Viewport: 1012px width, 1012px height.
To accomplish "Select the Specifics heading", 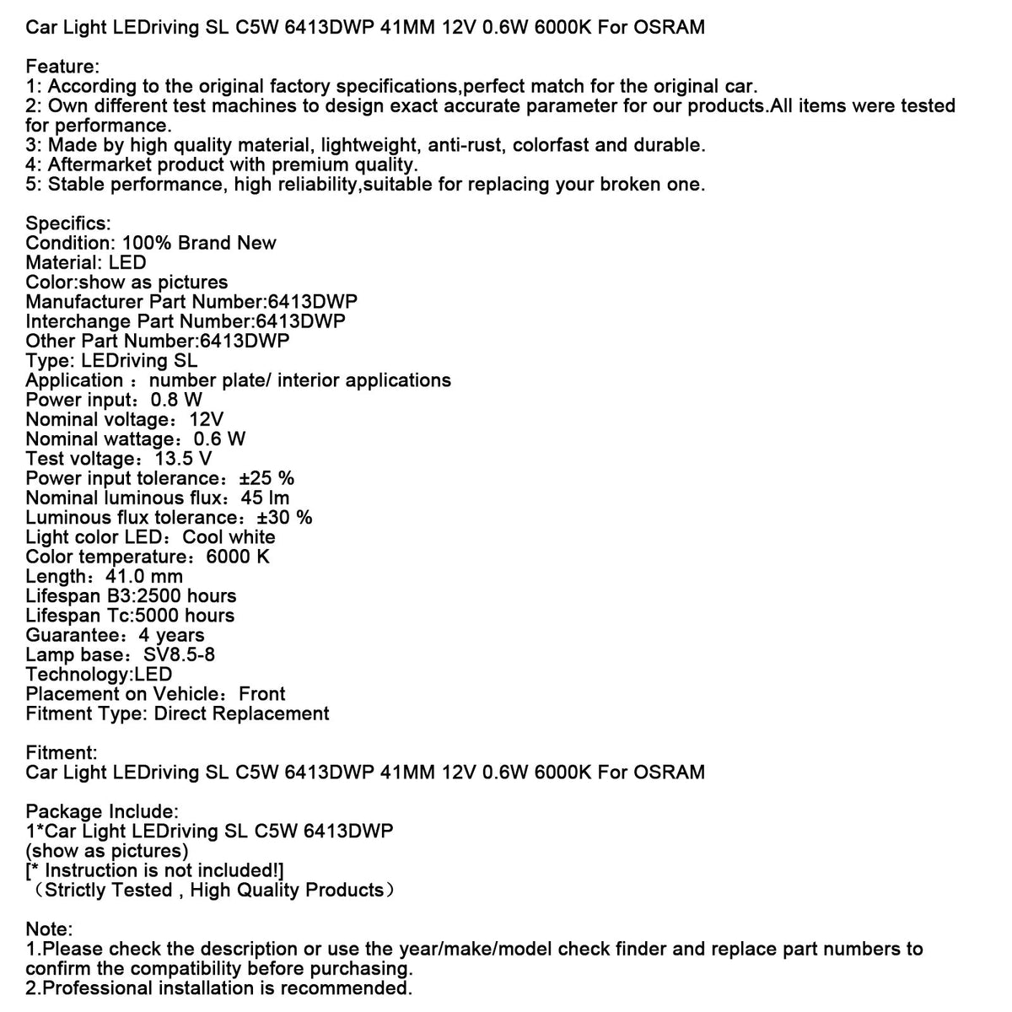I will (x=67, y=223).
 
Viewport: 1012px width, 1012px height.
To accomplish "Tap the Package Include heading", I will (x=102, y=811).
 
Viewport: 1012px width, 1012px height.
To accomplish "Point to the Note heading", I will (x=49, y=929).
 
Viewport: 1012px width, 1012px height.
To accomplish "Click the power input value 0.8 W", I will (x=176, y=400).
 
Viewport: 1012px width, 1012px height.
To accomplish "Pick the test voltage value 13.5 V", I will (x=183, y=459).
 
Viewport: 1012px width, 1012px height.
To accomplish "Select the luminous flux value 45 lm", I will (x=265, y=498).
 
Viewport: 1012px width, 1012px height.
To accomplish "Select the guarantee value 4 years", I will (x=171, y=635).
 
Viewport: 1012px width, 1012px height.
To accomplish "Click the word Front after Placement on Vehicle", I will (x=261, y=694).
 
